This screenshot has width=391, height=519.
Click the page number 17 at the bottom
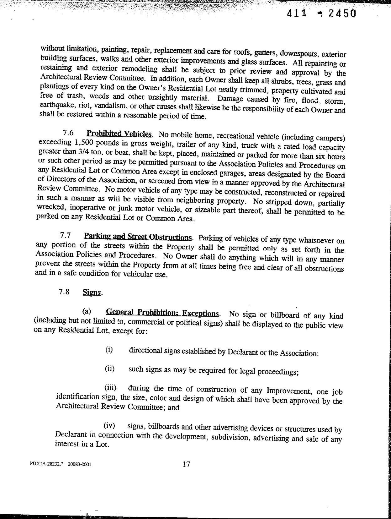186,464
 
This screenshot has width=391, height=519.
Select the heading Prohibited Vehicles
119,134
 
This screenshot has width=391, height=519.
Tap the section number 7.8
64,292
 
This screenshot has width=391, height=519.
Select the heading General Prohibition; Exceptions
163,313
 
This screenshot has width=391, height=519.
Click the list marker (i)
109,350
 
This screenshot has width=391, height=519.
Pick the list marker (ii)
109,369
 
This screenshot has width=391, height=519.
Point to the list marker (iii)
110,388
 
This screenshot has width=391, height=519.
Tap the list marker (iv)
109,426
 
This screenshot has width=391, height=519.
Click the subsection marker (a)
87,311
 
